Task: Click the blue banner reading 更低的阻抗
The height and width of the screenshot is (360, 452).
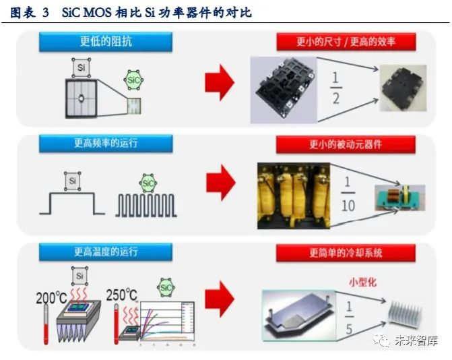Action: [x=106, y=40]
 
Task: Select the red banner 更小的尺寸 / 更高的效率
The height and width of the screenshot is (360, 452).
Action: [x=346, y=41]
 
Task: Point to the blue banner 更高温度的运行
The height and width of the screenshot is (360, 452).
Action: [x=106, y=251]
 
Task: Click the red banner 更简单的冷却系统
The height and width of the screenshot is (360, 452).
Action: [x=346, y=253]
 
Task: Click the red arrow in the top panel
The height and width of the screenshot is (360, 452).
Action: [x=218, y=84]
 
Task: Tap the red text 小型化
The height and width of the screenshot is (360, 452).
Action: [x=361, y=280]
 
